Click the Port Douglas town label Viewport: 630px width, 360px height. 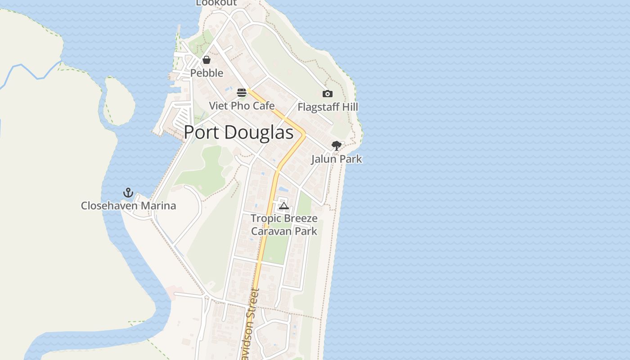(x=238, y=132)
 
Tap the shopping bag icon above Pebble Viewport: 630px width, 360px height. (x=207, y=60)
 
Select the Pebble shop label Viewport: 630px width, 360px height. (x=207, y=73)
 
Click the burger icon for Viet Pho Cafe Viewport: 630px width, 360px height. (x=242, y=93)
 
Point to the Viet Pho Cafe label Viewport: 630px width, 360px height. (x=242, y=106)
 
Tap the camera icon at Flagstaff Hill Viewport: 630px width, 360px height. (x=328, y=94)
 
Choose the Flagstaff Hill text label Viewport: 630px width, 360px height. (x=328, y=107)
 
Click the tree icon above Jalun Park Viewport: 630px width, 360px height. (x=336, y=145)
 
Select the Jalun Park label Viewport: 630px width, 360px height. (x=336, y=159)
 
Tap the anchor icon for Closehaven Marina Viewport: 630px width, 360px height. (x=128, y=193)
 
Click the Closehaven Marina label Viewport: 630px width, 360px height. (x=128, y=206)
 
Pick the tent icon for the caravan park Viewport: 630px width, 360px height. (x=283, y=206)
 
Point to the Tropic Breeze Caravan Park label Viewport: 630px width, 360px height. (x=284, y=225)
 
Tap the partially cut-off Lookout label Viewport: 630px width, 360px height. (x=216, y=3)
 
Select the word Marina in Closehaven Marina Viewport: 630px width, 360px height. (x=157, y=206)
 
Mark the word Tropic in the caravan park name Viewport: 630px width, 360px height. (x=265, y=219)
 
